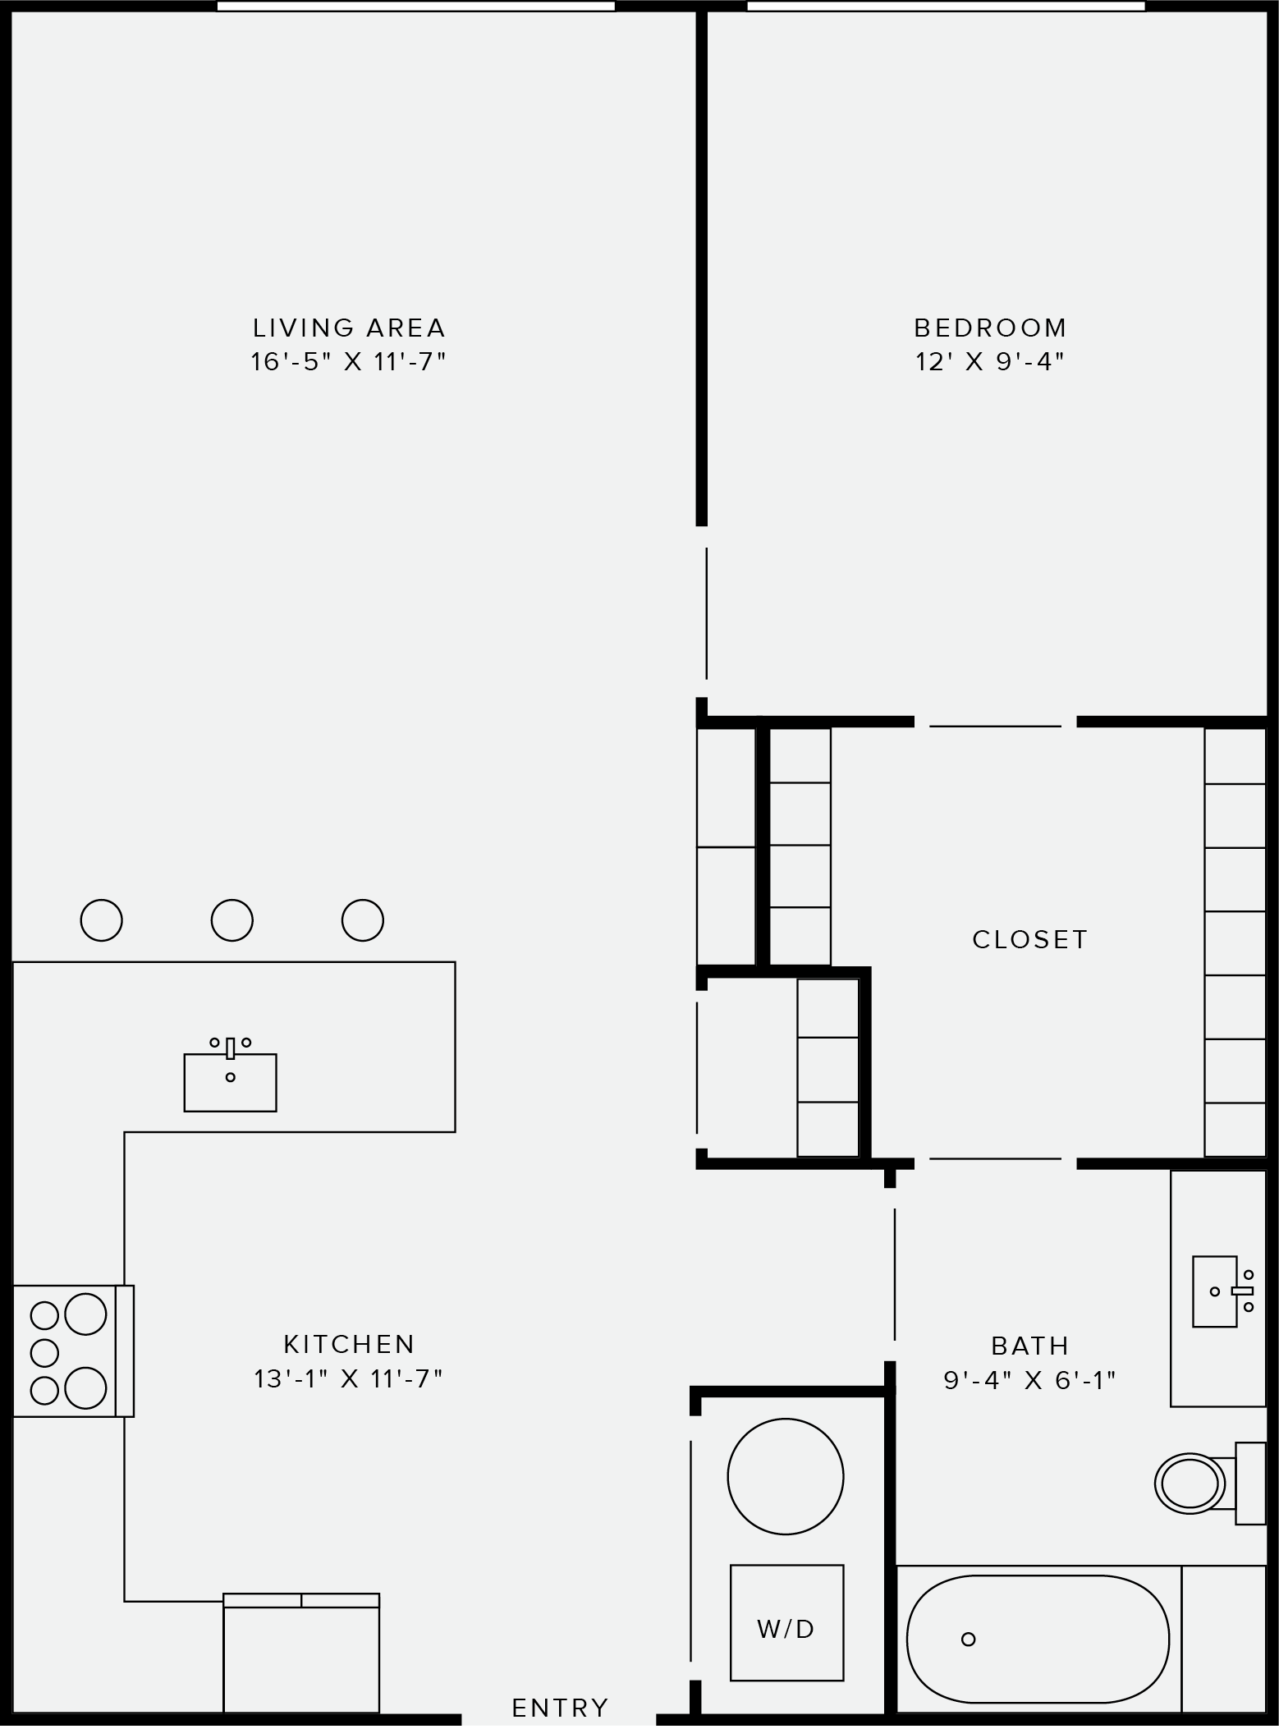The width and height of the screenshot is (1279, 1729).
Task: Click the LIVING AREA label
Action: point(349,328)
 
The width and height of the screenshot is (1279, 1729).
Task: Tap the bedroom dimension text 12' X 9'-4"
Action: point(990,362)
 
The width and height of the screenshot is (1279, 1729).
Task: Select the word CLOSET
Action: point(1029,939)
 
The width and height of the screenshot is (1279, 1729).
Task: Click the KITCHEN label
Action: point(349,1344)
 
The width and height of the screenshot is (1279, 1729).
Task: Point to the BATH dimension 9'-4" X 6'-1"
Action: point(1029,1380)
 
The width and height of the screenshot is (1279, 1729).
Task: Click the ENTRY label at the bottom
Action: point(560,1708)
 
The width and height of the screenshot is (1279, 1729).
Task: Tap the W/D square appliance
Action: point(786,1622)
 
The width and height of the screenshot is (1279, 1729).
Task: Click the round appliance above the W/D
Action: point(785,1476)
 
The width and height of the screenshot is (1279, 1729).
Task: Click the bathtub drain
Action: point(968,1639)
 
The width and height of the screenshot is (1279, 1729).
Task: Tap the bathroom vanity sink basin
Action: point(1214,1291)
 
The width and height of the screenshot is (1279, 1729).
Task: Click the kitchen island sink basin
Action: point(230,1083)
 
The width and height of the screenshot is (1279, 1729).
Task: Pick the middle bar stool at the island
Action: point(232,920)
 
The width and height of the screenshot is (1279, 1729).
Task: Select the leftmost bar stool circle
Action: point(102,920)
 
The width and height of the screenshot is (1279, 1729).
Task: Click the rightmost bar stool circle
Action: point(362,920)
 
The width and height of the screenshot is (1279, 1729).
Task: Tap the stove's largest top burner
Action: point(85,1314)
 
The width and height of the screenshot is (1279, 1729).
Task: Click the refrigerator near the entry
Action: point(301,1658)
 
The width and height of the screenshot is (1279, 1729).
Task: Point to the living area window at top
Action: point(415,7)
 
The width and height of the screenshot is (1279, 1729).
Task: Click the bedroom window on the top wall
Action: point(946,7)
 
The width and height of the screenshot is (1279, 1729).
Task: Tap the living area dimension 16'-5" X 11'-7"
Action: point(349,362)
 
